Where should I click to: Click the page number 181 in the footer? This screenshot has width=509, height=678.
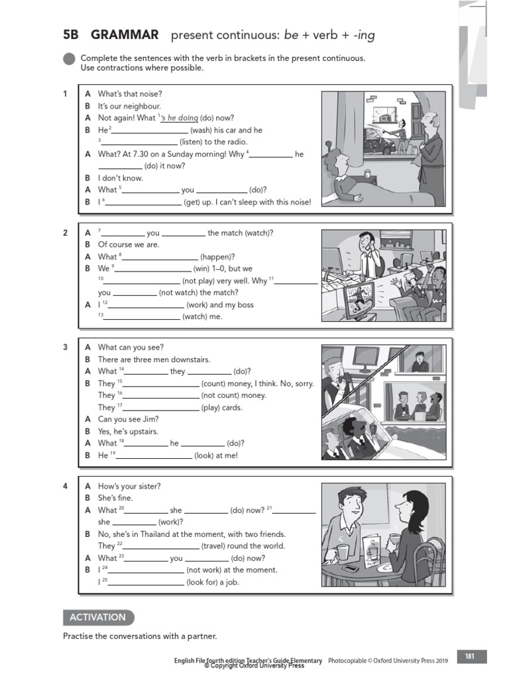tap(470, 657)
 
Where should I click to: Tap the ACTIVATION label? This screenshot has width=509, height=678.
tap(97, 617)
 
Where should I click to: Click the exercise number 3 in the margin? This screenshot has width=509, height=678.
tap(66, 347)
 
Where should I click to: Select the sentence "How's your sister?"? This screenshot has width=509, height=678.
tap(129, 486)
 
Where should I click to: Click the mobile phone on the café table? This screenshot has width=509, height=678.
tap(351, 568)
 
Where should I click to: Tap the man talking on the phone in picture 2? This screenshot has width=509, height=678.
tap(366, 255)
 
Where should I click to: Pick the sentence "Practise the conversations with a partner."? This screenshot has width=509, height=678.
tap(140, 636)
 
